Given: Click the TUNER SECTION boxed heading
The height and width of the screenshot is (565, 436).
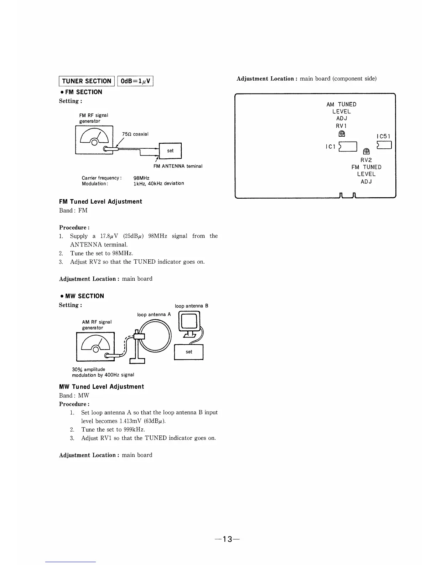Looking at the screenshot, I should point(87,81).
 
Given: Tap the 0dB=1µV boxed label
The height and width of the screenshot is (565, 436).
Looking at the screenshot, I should point(136,81).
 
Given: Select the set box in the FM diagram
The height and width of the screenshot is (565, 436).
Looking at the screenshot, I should point(170,151).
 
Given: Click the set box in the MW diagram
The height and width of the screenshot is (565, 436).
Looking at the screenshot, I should point(189,352).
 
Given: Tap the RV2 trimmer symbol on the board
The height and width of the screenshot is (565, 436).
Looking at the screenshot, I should point(366,152).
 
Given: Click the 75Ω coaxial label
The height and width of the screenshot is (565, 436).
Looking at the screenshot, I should point(135,134).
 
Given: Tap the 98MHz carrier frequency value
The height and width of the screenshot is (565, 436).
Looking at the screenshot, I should point(141,178).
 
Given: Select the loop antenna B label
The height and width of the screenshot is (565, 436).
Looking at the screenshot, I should point(191,306).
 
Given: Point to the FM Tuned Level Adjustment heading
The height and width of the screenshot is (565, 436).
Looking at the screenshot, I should point(100,202).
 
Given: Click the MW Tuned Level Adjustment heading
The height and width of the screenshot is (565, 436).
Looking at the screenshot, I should point(102,387).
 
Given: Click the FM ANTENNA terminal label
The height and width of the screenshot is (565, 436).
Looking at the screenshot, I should point(178,166).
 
